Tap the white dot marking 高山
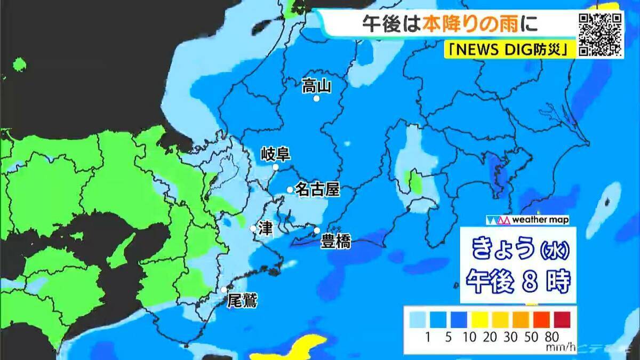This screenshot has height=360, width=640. click(x=316, y=99)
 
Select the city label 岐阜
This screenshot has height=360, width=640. click(x=275, y=155)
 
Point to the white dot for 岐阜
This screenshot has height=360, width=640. click(x=276, y=167)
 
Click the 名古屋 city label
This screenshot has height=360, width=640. click(x=317, y=189)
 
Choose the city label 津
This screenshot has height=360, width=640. click(x=265, y=228)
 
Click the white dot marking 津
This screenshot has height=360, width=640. click(x=253, y=228)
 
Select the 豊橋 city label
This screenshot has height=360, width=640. click(x=335, y=242)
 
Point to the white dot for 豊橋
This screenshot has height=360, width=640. click(x=317, y=230)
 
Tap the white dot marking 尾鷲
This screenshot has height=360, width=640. click(x=225, y=290)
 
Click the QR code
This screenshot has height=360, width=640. click(x=601, y=34)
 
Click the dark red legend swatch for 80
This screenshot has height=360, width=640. click(x=562, y=319)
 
